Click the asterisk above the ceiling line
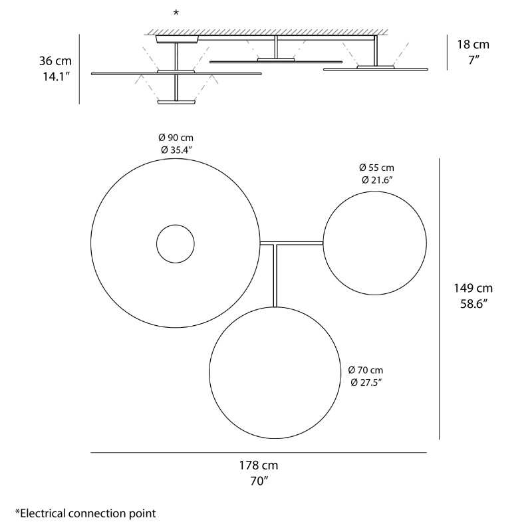click(x=176, y=13)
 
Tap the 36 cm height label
click(x=56, y=61)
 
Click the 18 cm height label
click(x=473, y=45)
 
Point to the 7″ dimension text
click(x=473, y=60)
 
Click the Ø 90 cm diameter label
click(x=176, y=137)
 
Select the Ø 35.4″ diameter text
click(x=176, y=150)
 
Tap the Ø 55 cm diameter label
click(x=376, y=168)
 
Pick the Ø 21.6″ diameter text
click(x=376, y=180)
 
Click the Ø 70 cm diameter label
click(x=365, y=370)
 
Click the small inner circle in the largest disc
click(x=176, y=244)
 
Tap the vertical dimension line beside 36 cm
click(x=79, y=69)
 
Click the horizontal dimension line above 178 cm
click(x=258, y=453)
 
